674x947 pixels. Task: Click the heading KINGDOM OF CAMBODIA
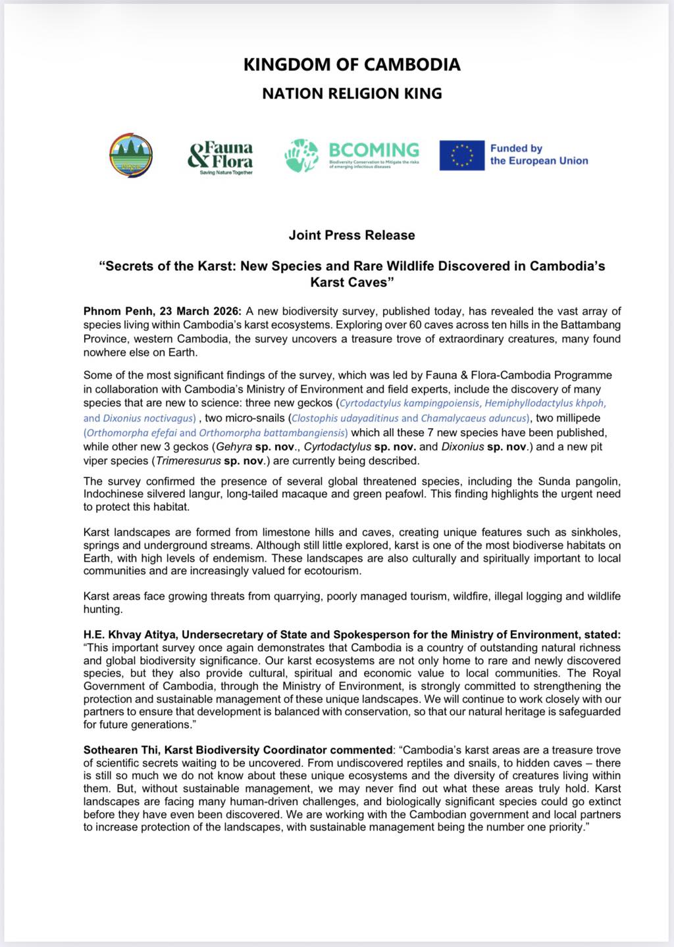point(351,64)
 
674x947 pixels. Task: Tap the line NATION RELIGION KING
point(351,93)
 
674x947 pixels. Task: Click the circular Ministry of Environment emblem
point(131,156)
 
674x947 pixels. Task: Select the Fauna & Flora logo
point(220,157)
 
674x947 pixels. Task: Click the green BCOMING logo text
point(374,151)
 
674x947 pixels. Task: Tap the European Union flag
point(461,155)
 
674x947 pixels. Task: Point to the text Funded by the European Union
point(538,155)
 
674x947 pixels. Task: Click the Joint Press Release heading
point(351,235)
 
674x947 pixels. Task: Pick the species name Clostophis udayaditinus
point(345,418)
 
